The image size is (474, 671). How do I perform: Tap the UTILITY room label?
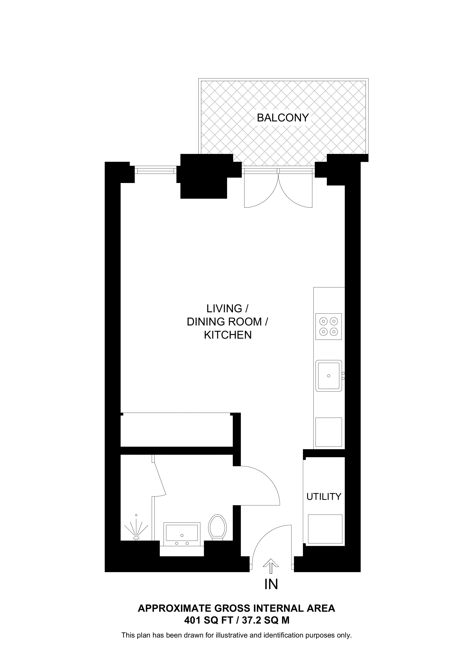coord(324,497)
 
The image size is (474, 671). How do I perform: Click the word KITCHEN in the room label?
coord(228,335)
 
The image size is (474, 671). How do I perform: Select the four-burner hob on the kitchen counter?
coord(328,326)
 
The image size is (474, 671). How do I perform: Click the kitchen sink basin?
coord(329,376)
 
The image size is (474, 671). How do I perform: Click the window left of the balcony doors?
coord(155,170)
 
